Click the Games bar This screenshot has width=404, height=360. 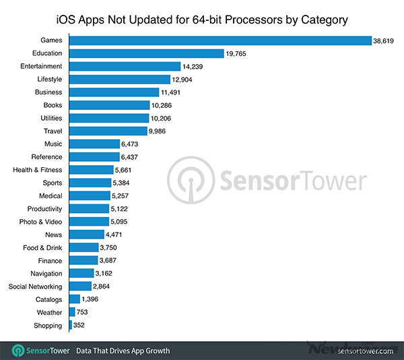tap(220, 40)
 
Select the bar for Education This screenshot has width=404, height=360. tap(146, 53)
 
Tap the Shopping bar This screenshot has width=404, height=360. tap(71, 326)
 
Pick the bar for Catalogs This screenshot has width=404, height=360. tap(75, 299)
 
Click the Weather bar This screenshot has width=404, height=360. tap(72, 312)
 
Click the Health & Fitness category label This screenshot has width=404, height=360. tap(37, 170)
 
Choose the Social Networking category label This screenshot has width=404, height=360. tap(36, 287)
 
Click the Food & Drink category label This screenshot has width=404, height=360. tap(42, 247)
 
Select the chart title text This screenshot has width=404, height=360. tap(202, 20)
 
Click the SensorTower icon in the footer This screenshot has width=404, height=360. tap(19, 351)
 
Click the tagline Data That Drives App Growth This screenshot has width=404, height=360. tap(123, 351)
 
